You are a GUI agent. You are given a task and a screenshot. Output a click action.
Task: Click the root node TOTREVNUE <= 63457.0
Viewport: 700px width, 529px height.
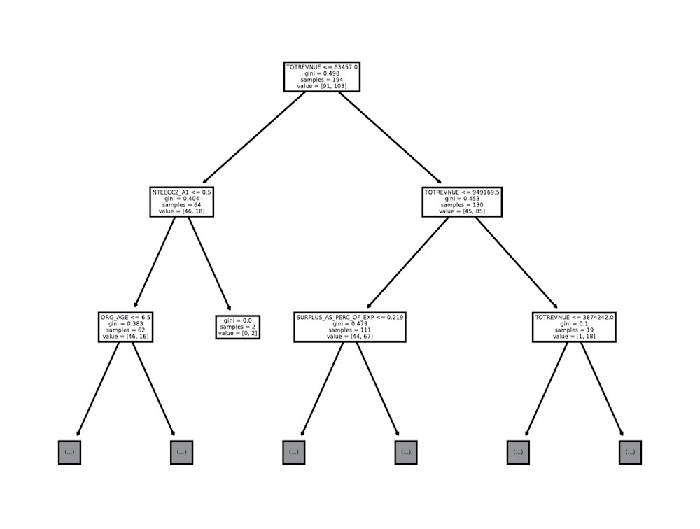pyautogui.click(x=322, y=77)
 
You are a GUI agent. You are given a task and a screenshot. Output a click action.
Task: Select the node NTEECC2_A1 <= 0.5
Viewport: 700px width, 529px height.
pyautogui.click(x=182, y=202)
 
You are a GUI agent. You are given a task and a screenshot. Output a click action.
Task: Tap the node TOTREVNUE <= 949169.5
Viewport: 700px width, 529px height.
pyautogui.click(x=462, y=202)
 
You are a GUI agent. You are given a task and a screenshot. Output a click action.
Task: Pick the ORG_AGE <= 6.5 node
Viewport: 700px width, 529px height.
pyautogui.click(x=125, y=327)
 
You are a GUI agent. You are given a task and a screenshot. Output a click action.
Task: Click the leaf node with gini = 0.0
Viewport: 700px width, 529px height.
pyautogui.click(x=238, y=327)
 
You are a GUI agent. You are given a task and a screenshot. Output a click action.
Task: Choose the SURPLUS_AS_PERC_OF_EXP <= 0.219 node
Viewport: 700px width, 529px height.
pyautogui.click(x=350, y=327)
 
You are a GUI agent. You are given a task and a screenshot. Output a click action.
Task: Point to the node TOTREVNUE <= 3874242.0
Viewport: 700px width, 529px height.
pyautogui.click(x=574, y=327)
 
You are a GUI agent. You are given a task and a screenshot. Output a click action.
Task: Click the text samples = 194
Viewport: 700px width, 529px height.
pyautogui.click(x=322, y=80)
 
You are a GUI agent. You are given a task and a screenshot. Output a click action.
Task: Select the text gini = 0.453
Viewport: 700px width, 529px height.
pyautogui.click(x=462, y=199)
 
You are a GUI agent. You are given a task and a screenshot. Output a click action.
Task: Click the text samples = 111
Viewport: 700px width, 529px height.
pyautogui.click(x=350, y=330)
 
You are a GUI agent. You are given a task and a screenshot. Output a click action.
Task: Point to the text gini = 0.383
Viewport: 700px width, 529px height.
pyautogui.click(x=125, y=324)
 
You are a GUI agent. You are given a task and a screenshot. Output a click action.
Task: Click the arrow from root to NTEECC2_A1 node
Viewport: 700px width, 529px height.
pyautogui.click(x=254, y=137)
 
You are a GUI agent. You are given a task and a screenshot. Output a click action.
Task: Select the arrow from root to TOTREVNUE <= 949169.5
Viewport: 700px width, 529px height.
pyautogui.click(x=390, y=137)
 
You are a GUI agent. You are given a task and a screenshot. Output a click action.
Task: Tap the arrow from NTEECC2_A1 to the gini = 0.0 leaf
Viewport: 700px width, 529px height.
pyautogui.click(x=209, y=263)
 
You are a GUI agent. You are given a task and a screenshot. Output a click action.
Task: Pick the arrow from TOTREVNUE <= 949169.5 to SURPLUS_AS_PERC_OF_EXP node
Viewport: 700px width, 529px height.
pyautogui.click(x=407, y=263)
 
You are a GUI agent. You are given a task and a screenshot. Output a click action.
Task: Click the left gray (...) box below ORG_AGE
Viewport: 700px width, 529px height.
pyautogui.click(x=69, y=452)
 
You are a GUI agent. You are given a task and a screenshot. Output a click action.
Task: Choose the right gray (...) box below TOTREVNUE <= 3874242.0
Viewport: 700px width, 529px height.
pyautogui.click(x=631, y=452)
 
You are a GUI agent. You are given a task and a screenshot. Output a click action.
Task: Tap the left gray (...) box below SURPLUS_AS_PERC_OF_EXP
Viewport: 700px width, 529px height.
pyautogui.click(x=294, y=452)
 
